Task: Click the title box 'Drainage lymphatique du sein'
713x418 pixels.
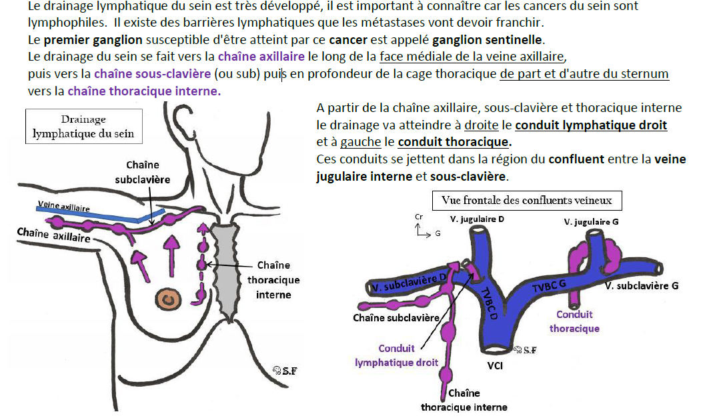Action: click(x=83, y=126)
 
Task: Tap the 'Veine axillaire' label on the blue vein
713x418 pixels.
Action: click(x=63, y=207)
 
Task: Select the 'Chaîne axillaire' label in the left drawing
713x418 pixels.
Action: click(x=53, y=235)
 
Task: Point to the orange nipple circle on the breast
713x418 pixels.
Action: click(x=169, y=299)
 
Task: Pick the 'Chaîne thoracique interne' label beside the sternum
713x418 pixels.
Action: click(x=273, y=280)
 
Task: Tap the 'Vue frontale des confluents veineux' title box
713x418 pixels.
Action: click(x=526, y=201)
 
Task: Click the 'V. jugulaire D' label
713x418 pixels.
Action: click(x=477, y=219)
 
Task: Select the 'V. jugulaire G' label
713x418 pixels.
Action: click(x=591, y=222)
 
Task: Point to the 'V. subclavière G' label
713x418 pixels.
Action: click(x=642, y=286)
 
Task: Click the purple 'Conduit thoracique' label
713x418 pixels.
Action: click(x=574, y=321)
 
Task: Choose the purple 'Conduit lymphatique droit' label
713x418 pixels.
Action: click(x=396, y=355)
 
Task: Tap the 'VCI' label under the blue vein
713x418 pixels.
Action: click(x=495, y=366)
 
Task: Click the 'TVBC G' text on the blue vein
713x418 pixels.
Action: click(x=549, y=286)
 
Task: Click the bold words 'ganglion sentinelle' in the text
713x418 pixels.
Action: click(x=487, y=40)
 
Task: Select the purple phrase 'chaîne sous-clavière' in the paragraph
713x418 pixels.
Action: click(x=152, y=73)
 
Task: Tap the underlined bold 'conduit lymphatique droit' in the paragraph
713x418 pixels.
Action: click(x=591, y=125)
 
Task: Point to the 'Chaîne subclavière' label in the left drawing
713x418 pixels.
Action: click(x=142, y=172)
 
